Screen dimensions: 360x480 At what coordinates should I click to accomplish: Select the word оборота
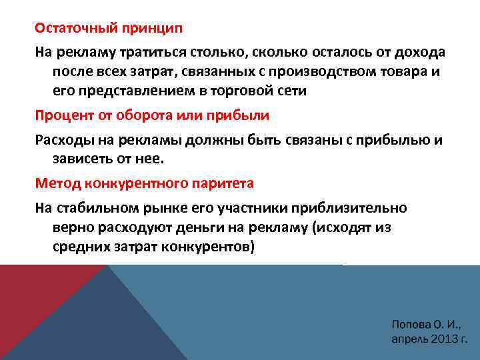(150, 115)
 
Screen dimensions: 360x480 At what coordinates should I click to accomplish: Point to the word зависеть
(84, 159)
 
